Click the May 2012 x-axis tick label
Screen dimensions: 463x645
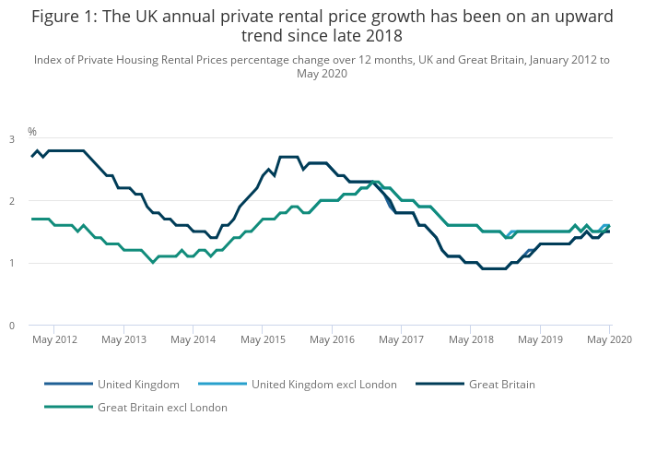pyautogui.click(x=54, y=340)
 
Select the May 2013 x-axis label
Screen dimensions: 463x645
pyautogui.click(x=123, y=340)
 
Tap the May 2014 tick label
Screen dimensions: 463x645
pyautogui.click(x=193, y=340)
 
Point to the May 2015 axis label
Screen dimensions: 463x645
pyautogui.click(x=263, y=340)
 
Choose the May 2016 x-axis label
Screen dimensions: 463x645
pyautogui.click(x=332, y=340)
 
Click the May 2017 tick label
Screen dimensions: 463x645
pyautogui.click(x=401, y=340)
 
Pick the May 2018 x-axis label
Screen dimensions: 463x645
pyautogui.click(x=470, y=340)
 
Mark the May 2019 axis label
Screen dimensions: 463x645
pyautogui.click(x=540, y=340)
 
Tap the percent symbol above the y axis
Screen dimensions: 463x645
pyautogui.click(x=32, y=132)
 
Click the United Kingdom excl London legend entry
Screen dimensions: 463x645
pyautogui.click(x=323, y=384)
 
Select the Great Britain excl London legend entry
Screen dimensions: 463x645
pyautogui.click(x=162, y=407)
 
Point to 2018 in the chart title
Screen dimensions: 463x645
pyautogui.click(x=383, y=36)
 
